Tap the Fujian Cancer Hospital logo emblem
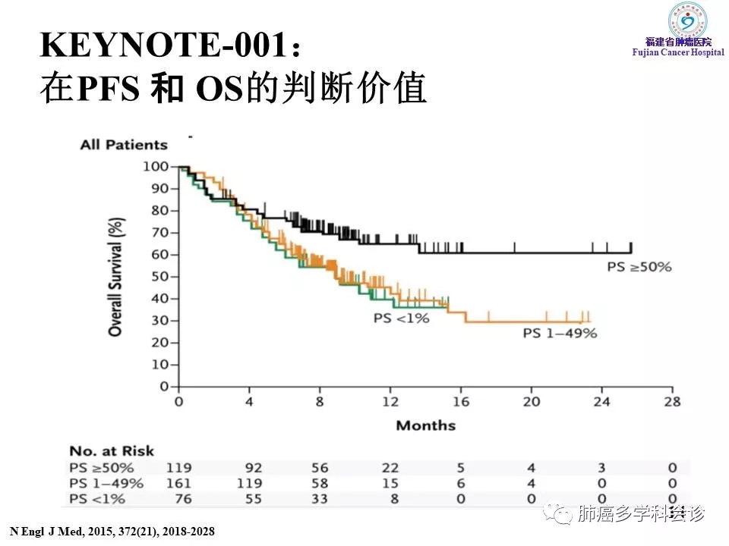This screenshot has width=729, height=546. click(x=686, y=20)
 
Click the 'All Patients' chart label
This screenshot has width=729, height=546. click(x=124, y=144)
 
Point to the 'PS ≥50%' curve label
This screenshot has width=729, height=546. click(x=639, y=266)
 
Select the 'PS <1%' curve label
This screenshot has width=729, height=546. click(x=400, y=318)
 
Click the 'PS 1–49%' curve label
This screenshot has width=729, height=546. click(x=560, y=334)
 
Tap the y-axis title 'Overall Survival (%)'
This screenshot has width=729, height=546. click(x=115, y=277)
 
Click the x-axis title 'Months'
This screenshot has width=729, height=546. click(x=425, y=425)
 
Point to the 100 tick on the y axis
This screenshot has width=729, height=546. click(x=157, y=166)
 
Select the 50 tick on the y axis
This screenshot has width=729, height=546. click(x=159, y=276)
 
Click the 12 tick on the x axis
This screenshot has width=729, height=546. click(x=390, y=402)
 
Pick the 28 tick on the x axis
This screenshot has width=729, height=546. click(x=672, y=402)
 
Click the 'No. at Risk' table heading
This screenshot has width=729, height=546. click(x=112, y=451)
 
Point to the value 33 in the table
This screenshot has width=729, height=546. click(x=320, y=498)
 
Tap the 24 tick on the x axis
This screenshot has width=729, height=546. click(x=601, y=402)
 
